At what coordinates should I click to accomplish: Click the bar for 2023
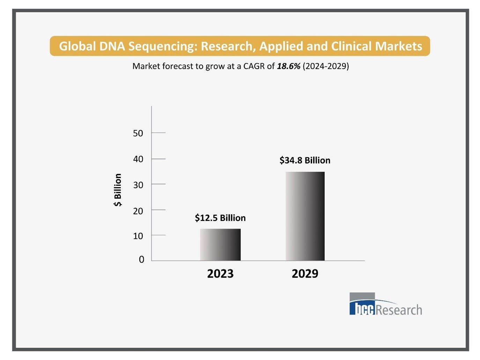pyautogui.click(x=220, y=245)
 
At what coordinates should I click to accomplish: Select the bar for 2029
pyautogui.click(x=305, y=216)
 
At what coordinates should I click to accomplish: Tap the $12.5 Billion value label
pyautogui.click(x=220, y=218)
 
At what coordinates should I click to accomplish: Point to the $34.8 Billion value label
pyautogui.click(x=305, y=160)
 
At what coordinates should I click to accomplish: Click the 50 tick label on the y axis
pyautogui.click(x=138, y=133)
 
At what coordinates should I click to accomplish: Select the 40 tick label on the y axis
pyautogui.click(x=138, y=159)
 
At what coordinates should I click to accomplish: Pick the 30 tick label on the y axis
pyautogui.click(x=138, y=185)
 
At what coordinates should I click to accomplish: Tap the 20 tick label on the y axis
pyautogui.click(x=138, y=211)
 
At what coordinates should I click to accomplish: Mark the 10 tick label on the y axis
pyautogui.click(x=138, y=236)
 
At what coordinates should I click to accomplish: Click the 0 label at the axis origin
pyautogui.click(x=141, y=259)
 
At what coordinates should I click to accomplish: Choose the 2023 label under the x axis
pyautogui.click(x=220, y=273)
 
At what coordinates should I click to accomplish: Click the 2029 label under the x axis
pyautogui.click(x=305, y=273)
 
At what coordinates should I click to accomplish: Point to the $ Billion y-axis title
pyautogui.click(x=118, y=190)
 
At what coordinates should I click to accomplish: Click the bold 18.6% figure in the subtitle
pyautogui.click(x=288, y=66)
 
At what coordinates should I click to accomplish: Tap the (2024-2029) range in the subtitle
pyautogui.click(x=326, y=66)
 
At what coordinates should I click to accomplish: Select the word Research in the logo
pyautogui.click(x=399, y=310)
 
